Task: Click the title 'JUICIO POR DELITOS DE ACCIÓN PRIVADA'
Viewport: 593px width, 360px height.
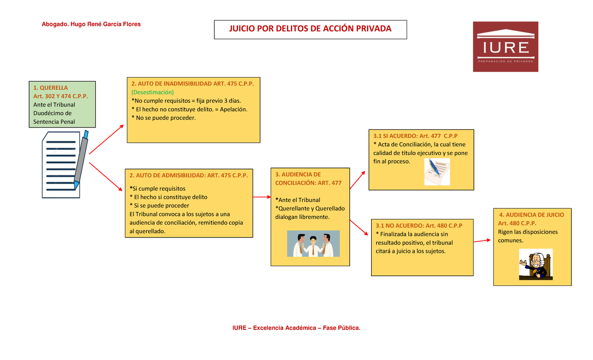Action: click(310, 29)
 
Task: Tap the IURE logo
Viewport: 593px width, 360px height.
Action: click(506, 47)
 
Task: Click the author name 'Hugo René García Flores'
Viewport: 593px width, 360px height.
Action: click(106, 24)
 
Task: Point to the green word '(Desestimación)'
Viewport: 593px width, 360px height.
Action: click(153, 92)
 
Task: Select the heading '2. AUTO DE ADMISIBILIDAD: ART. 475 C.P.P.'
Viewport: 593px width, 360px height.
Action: click(188, 175)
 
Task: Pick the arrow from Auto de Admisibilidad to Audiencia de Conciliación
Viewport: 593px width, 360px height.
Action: click(261, 197)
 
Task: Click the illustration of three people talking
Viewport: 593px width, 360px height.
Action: click(313, 244)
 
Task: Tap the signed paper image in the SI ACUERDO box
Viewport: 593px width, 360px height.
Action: click(437, 172)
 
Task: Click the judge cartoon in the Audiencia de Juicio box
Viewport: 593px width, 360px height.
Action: click(536, 264)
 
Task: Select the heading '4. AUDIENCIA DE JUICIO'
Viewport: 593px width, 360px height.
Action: click(532, 215)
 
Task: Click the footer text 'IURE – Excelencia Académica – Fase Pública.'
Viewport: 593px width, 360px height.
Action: click(296, 327)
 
